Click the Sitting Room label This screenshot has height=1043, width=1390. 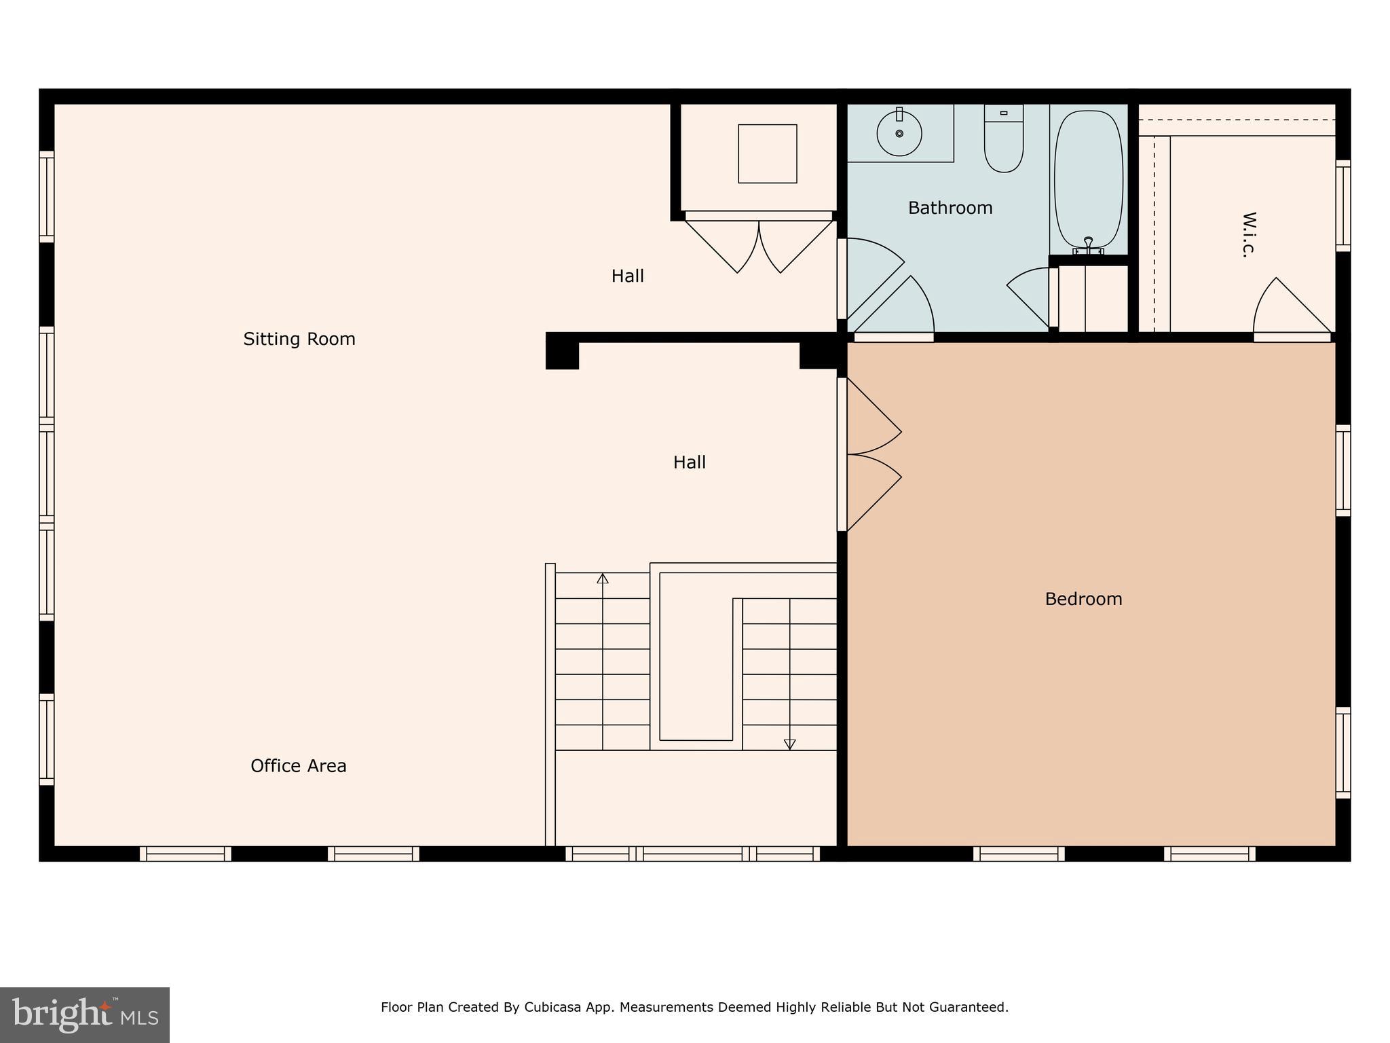pos(299,339)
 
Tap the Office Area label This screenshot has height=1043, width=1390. pos(299,766)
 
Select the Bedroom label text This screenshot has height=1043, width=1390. pos(1083,599)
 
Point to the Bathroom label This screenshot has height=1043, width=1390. pos(950,208)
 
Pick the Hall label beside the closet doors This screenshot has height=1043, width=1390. pos(627,276)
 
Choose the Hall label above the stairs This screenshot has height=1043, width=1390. pos(689,462)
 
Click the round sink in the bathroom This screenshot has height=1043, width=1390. pos(899,134)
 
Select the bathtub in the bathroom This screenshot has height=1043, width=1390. pos(1089,178)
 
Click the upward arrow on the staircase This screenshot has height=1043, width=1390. pos(603,579)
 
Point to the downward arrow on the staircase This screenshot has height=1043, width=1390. pos(789,744)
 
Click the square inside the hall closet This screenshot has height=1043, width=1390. pos(768,153)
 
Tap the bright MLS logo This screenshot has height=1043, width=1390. pos(85,1015)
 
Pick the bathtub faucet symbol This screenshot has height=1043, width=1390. pos(1088,246)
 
